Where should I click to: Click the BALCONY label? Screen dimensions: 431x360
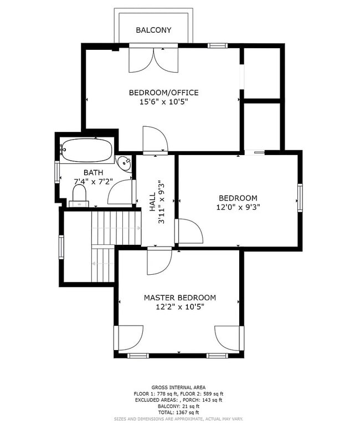pos(153,30)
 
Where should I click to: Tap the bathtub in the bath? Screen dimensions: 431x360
pos(87,149)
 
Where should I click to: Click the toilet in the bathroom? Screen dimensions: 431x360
pos(79,194)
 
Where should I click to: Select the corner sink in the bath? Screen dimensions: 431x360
pos(125,163)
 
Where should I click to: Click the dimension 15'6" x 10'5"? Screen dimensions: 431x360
pos(163,102)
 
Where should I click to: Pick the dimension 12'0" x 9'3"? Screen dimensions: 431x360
pos(238,207)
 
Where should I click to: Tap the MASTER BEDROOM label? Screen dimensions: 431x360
pos(180,297)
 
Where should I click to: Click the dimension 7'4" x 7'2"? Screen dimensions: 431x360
pos(94,181)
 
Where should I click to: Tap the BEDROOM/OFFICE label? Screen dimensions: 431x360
pos(163,93)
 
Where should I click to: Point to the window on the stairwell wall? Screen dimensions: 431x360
pos(61,247)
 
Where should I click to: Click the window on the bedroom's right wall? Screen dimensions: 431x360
pos(300,198)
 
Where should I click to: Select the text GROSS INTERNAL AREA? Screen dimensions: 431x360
pos(178,387)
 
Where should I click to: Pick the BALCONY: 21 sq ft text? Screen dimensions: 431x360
pos(178,407)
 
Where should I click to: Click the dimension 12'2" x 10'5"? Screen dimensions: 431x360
pos(180,307)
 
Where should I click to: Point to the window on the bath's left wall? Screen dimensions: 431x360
pos(56,172)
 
